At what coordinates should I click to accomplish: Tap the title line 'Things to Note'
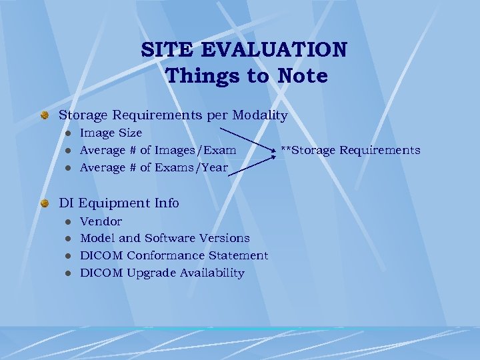coord(247,76)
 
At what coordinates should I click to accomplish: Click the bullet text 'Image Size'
coord(111,133)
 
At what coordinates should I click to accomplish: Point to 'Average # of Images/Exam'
coord(158,151)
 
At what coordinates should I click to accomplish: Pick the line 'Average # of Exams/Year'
coord(153,168)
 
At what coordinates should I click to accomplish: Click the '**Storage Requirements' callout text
coord(350,150)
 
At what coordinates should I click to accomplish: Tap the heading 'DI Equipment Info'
coord(119,202)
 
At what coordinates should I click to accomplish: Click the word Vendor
coord(101,221)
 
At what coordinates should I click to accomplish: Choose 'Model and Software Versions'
coord(165,238)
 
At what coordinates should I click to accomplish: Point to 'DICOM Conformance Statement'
coord(174,255)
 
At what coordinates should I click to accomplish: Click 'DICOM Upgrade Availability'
coord(162,273)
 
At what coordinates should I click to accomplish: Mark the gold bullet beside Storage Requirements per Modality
coord(45,116)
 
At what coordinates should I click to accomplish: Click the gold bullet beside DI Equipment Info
coord(45,203)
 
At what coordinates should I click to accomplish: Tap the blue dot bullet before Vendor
coord(67,221)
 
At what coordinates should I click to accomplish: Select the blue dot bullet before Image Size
coord(67,133)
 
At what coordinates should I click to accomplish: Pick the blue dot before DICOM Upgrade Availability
coord(67,273)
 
